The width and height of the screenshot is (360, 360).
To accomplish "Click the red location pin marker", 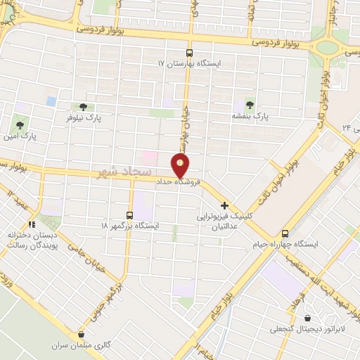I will (181, 166).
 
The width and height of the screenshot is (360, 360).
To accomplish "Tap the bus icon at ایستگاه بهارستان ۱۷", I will (188, 53).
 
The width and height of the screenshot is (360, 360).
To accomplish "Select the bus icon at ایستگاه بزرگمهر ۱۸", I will (129, 214).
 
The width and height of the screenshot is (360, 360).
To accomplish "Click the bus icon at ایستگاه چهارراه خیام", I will (285, 233).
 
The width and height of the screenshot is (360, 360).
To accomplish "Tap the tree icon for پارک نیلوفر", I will (83, 108).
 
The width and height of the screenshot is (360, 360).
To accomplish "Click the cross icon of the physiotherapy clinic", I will (224, 206).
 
